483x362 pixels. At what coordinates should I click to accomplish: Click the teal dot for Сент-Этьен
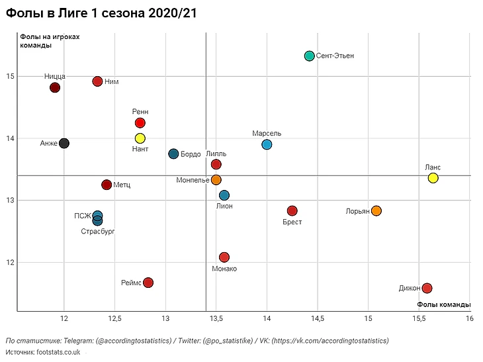(309, 56)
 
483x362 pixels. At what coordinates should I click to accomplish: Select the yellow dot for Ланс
(433, 178)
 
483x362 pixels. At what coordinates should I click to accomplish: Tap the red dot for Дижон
(427, 288)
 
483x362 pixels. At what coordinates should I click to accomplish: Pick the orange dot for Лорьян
(376, 211)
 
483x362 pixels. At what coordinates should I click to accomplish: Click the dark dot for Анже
(64, 143)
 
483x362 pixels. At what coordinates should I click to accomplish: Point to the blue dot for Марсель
(267, 145)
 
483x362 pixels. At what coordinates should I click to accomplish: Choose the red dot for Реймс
(148, 283)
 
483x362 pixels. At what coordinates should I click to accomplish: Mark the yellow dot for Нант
(140, 138)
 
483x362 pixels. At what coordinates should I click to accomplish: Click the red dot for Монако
(224, 257)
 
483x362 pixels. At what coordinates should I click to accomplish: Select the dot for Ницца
(55, 87)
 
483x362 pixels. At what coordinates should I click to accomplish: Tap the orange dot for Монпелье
(216, 180)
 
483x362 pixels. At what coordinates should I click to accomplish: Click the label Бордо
(191, 154)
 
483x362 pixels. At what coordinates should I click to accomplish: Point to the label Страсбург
(98, 232)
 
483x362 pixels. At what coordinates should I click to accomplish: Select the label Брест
(292, 222)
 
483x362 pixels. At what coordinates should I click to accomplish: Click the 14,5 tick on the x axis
(318, 319)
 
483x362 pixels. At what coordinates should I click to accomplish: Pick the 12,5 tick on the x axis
(114, 319)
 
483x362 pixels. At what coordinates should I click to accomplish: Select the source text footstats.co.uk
(58, 352)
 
